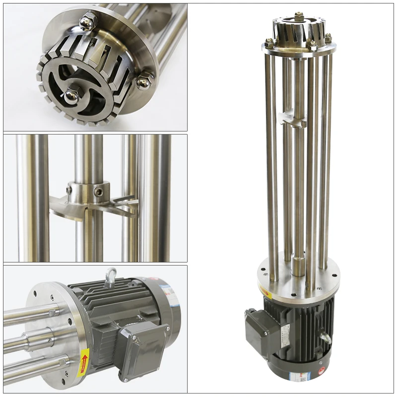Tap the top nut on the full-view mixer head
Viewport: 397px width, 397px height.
pos(298,16)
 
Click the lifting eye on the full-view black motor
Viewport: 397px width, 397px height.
pos(326,337)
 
